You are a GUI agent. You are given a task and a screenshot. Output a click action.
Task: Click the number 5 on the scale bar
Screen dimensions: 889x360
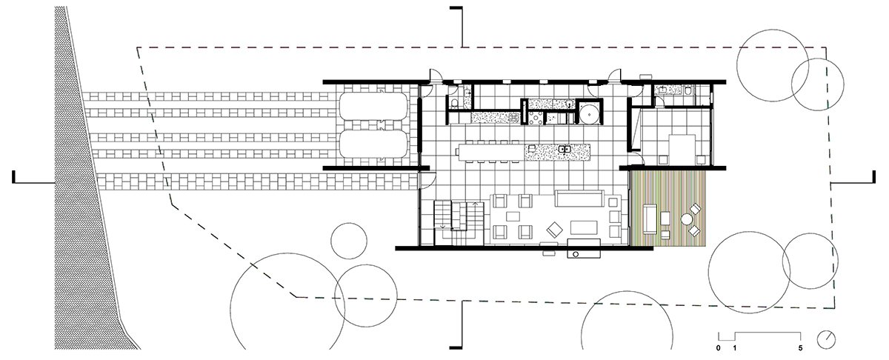coord(801,348)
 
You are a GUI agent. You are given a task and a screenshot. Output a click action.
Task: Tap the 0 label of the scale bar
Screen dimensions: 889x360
coord(719,348)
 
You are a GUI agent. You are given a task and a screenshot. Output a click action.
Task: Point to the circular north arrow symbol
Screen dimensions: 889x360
coord(826,340)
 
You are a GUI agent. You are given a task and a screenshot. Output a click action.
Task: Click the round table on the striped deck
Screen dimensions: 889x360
coord(687,219)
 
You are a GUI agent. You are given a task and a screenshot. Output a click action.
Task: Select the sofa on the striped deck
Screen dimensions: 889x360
coord(650,219)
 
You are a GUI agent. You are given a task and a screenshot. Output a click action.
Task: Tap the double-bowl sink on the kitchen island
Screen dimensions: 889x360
coord(565,149)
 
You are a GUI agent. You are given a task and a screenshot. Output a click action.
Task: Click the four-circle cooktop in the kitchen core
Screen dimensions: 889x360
coord(536,118)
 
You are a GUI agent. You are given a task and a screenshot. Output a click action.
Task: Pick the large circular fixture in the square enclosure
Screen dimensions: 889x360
coord(590,113)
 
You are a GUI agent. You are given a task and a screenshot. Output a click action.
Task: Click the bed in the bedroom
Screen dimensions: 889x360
coord(682,150)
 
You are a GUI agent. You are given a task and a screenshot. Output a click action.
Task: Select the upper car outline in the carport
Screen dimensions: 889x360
coord(373,107)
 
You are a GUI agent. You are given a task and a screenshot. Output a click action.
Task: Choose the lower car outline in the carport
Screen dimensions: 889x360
coord(373,144)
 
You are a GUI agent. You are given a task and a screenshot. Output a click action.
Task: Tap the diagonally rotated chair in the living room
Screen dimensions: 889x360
coord(554,230)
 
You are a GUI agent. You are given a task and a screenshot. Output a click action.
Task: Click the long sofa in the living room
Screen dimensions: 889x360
coord(579,199)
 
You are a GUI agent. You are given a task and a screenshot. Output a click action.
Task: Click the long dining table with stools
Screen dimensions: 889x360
coord(490,152)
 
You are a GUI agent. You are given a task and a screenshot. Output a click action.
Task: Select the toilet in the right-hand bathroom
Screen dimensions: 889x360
coord(687,90)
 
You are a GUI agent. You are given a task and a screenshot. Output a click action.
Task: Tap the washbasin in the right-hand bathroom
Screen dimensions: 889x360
coord(662,90)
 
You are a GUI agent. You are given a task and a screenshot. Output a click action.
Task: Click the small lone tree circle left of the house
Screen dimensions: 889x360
coord(349,241)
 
